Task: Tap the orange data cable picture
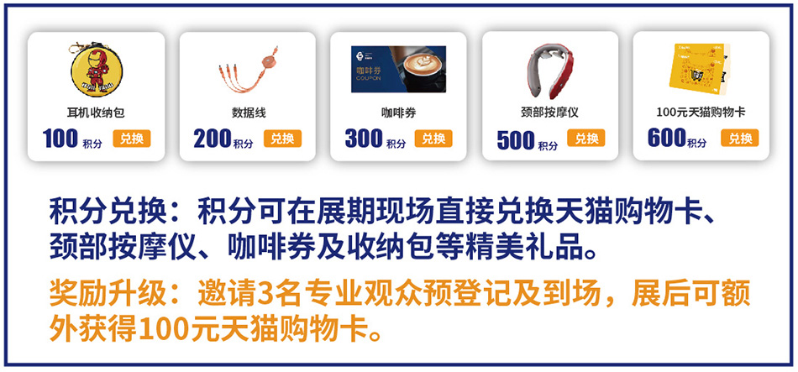[x=246, y=71]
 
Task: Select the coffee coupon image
[x=398, y=69]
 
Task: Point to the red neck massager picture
[x=549, y=71]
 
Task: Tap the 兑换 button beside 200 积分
[x=282, y=139]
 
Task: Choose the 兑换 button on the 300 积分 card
[x=433, y=139]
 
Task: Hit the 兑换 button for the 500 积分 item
[x=586, y=138]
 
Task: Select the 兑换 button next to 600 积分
[x=739, y=138]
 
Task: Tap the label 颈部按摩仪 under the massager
[x=549, y=113]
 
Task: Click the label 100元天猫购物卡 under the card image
[x=701, y=113]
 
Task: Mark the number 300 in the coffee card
[x=364, y=139]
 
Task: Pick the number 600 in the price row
[x=667, y=139]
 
